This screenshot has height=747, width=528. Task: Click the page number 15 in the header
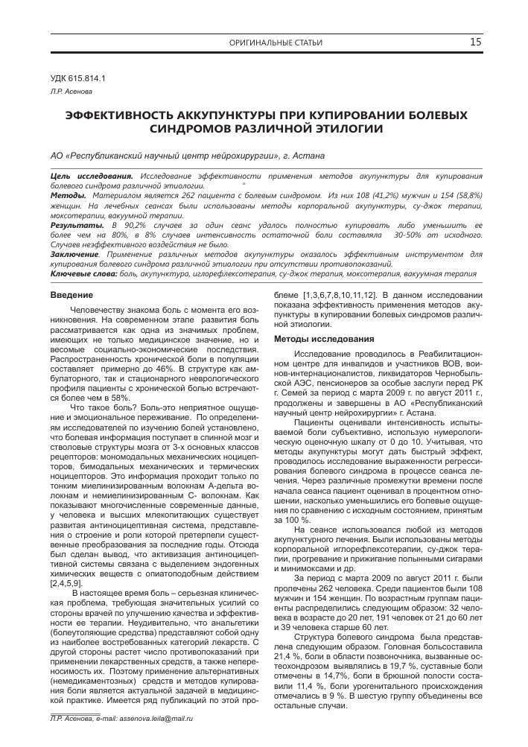point(474,42)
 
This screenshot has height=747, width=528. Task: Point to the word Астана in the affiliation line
point(308,156)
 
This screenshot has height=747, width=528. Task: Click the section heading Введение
point(66,296)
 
